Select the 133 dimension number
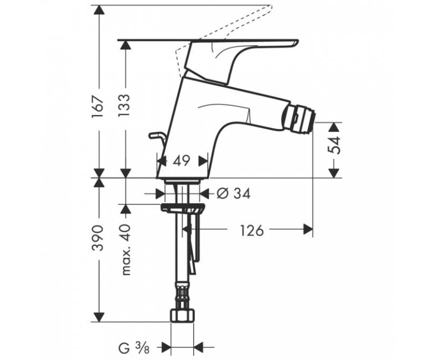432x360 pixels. (124, 106)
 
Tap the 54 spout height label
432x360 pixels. (335, 145)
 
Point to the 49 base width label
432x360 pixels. (182, 161)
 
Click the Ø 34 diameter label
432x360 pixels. (234, 194)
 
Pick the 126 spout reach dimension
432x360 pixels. (252, 230)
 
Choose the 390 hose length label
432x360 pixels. (99, 238)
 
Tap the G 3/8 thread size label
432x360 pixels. (134, 348)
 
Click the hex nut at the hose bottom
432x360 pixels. (182, 315)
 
